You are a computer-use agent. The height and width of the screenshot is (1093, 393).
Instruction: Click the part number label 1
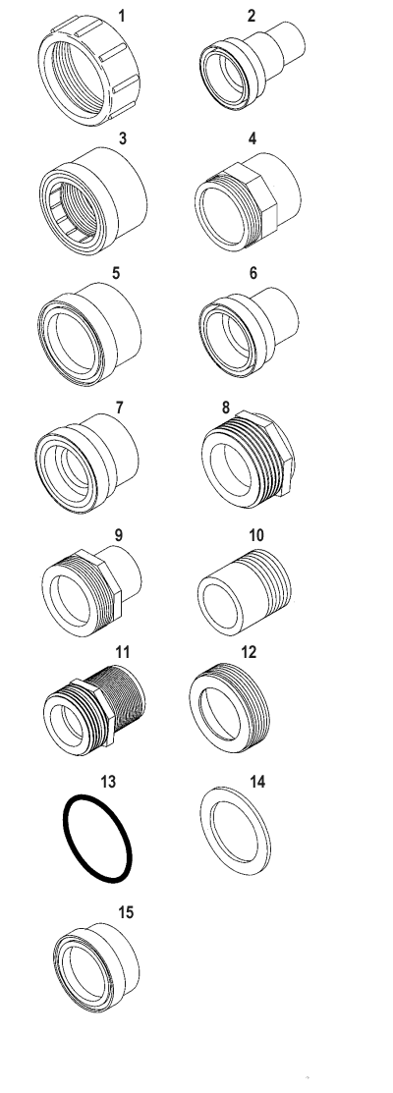(122, 16)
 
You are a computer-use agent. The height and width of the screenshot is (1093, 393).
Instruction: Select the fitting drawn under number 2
(252, 65)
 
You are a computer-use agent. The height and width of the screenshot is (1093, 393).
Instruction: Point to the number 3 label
(123, 138)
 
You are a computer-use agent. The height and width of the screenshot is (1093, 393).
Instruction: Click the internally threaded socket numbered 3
(92, 200)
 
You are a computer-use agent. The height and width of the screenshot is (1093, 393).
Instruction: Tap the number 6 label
(253, 273)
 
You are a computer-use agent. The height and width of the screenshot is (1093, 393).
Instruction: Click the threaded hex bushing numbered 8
(248, 458)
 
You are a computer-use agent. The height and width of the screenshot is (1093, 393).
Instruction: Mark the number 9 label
(119, 534)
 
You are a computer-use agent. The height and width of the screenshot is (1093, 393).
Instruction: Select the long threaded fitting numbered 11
(93, 709)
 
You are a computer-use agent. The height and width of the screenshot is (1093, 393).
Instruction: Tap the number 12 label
(248, 652)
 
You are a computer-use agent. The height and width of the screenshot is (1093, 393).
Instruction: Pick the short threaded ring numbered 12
(229, 707)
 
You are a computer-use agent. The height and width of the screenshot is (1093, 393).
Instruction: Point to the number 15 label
(126, 912)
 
